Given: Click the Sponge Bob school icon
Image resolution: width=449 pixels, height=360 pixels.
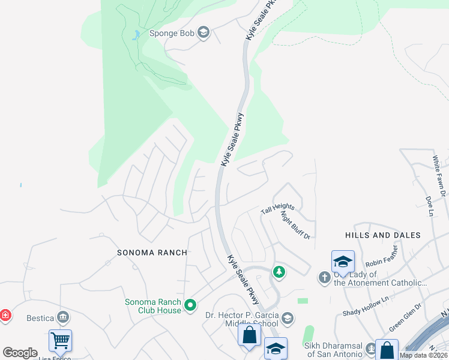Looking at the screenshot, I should [x=203, y=33].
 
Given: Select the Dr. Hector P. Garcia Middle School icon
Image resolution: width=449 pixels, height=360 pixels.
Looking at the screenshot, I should [x=288, y=318].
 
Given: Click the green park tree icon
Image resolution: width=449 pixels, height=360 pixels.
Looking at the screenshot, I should [x=279, y=272].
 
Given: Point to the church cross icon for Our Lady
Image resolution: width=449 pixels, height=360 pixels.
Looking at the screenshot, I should [x=325, y=277].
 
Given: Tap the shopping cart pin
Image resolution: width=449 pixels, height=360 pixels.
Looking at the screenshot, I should [x=60, y=341].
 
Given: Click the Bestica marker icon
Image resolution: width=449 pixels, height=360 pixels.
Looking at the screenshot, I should [x=63, y=318].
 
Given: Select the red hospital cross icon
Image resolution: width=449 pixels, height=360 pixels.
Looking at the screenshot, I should [x=5, y=315].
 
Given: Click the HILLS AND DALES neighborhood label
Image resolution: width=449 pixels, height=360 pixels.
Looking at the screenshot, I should [x=383, y=235].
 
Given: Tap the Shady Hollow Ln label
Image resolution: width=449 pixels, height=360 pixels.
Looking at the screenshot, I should [x=366, y=305].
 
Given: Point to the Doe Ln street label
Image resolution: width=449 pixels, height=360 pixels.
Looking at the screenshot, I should [x=429, y=205].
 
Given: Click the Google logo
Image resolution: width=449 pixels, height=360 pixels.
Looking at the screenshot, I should [x=20, y=353].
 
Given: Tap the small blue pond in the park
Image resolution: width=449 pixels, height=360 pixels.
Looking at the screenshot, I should [x=137, y=34].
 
